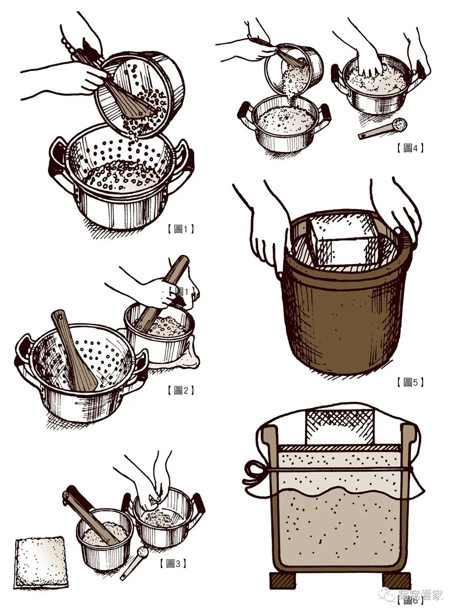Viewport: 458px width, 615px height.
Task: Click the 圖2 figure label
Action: click(x=181, y=390)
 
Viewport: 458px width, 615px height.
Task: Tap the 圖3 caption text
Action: click(x=173, y=563)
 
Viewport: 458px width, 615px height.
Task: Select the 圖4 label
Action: click(x=410, y=148)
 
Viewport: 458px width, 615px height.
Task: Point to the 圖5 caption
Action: click(x=410, y=382)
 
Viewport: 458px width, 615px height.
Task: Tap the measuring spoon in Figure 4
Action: click(x=384, y=129)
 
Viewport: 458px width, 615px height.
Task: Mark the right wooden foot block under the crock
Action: click(x=398, y=580)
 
